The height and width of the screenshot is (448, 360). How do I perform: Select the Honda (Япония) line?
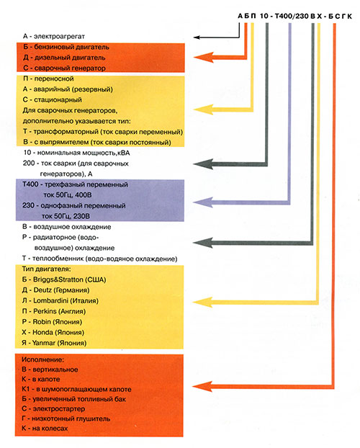[x=53, y=332]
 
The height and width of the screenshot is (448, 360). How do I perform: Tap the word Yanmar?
[x=43, y=343]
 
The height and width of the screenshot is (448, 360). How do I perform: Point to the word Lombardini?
[x=51, y=300]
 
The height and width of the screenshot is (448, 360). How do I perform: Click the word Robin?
[x=42, y=322]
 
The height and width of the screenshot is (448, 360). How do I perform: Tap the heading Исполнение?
[x=43, y=359]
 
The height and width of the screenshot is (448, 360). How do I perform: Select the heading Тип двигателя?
[x=47, y=269]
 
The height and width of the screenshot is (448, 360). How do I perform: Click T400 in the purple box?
[x=30, y=184]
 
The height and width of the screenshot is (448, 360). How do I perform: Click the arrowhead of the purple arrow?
[x=203, y=202]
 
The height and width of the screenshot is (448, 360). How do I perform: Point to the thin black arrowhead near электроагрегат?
[x=197, y=37]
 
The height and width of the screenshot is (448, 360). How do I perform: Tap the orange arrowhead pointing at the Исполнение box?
[x=202, y=387]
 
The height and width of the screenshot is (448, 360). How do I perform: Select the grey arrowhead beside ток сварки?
[x=203, y=164]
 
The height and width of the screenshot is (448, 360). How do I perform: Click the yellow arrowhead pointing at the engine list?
[x=203, y=303]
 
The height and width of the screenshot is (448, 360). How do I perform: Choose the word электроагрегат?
[x=59, y=37]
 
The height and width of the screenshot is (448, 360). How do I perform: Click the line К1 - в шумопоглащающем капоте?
[x=76, y=389]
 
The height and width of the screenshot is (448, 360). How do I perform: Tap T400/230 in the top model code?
[x=292, y=16]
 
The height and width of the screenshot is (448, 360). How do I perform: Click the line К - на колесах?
[x=45, y=429]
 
